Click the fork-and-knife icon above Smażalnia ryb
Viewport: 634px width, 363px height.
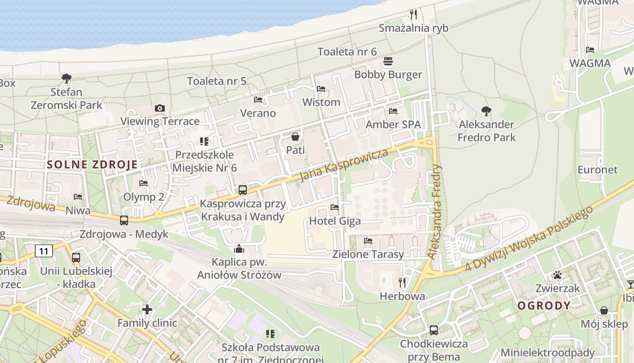pyautogui.click(x=413, y=15)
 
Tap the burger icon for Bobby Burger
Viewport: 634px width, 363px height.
pyautogui.click(x=388, y=61)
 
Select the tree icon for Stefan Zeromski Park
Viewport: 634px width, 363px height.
pyautogui.click(x=67, y=78)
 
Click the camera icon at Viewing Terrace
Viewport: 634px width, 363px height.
pyautogui.click(x=159, y=108)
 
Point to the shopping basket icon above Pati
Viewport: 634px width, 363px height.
pyautogui.click(x=295, y=136)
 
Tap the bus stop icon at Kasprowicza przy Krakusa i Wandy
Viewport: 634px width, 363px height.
pyautogui.click(x=243, y=190)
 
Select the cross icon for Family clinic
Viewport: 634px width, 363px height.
pyautogui.click(x=147, y=309)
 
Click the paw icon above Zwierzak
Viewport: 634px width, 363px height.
pyautogui.click(x=557, y=275)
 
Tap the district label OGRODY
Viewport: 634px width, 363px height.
pyautogui.click(x=544, y=305)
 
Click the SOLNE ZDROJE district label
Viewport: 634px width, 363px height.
pyautogui.click(x=92, y=165)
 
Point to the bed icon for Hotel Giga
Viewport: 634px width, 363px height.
pyautogui.click(x=335, y=207)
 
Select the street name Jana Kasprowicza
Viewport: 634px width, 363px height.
pyautogui.click(x=344, y=164)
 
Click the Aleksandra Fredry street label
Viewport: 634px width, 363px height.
pyautogui.click(x=434, y=211)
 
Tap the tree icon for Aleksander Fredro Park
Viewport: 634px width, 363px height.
pyautogui.click(x=486, y=111)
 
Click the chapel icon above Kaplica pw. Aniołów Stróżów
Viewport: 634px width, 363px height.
pyautogui.click(x=239, y=249)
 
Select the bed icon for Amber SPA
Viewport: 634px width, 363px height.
pyautogui.click(x=393, y=111)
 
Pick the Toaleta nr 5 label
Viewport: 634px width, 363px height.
pyautogui.click(x=217, y=81)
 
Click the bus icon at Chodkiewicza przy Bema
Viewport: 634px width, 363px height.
pyautogui.click(x=433, y=330)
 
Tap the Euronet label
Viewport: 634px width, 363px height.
pyautogui.click(x=597, y=170)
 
